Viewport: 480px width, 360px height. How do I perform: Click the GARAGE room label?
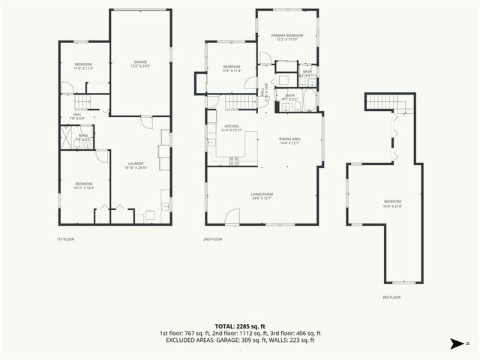tap(140, 61)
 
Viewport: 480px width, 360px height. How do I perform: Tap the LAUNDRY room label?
tap(136, 163)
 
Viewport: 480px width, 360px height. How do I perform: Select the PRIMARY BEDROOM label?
tap(287, 35)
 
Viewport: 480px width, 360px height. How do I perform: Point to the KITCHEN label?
tap(230, 126)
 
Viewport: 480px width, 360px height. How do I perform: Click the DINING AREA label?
tap(289, 139)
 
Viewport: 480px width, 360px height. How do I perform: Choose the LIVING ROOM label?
tap(262, 194)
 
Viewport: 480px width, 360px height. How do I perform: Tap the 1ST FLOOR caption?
tap(65, 239)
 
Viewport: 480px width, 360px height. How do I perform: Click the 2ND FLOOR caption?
tap(212, 239)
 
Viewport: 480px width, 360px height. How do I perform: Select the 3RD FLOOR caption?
tap(391, 297)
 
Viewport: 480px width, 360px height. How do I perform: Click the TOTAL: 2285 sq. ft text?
tap(239, 325)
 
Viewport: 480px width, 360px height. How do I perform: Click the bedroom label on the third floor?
tap(392, 201)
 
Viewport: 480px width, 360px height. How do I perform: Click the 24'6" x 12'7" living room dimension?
tap(262, 199)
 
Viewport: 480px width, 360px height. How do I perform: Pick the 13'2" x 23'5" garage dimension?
tap(140, 67)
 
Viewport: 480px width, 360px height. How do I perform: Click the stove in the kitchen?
tap(233, 159)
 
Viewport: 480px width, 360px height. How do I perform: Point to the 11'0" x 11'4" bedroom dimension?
tap(230, 71)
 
